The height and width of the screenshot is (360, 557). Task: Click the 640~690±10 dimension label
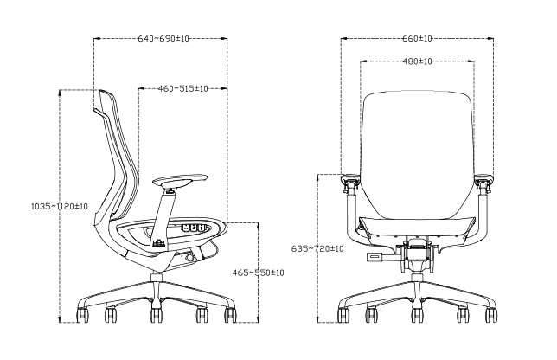(x=163, y=38)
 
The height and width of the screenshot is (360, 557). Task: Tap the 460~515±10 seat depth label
(x=183, y=88)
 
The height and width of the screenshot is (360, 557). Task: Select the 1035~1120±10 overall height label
(x=60, y=206)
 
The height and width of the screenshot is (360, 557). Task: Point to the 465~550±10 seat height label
(x=259, y=273)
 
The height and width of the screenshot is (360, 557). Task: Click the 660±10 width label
(x=417, y=38)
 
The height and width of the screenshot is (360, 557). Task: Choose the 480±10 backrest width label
(x=417, y=61)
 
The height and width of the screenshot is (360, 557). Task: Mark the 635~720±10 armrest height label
(x=317, y=248)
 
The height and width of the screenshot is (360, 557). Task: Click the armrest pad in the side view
(x=181, y=179)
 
